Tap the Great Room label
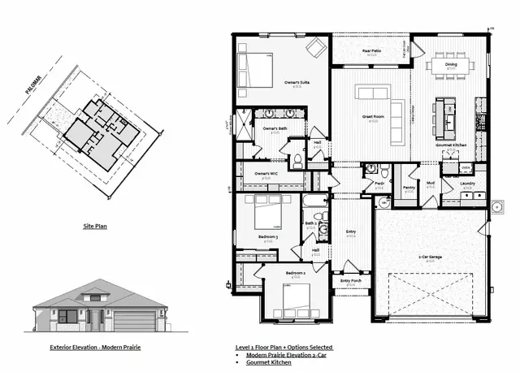click(373, 117)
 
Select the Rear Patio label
click(372, 50)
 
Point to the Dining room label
click(450, 64)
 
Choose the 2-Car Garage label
click(430, 257)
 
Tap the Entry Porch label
click(351, 281)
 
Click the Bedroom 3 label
click(268, 236)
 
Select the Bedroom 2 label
click(296, 274)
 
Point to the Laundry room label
click(467, 184)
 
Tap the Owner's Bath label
click(274, 129)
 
